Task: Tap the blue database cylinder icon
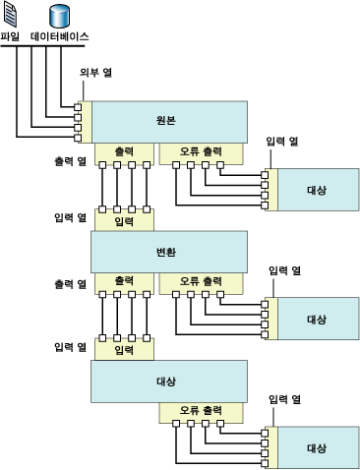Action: click(59, 16)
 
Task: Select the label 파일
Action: click(12, 36)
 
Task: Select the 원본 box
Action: click(168, 120)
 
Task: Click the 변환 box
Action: click(168, 252)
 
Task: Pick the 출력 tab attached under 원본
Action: click(124, 152)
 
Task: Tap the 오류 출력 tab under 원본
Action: click(201, 152)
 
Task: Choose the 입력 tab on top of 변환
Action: click(124, 222)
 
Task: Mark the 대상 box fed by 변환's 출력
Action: click(168, 380)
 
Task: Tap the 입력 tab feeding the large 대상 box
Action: click(124, 350)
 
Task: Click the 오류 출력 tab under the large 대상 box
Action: click(201, 410)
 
